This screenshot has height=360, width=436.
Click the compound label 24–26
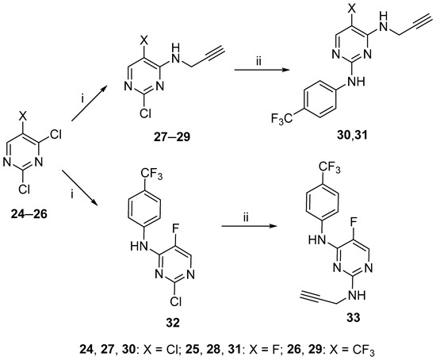29,214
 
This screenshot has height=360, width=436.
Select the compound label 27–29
171,137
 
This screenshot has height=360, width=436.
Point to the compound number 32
173,323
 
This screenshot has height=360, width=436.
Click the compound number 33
353,317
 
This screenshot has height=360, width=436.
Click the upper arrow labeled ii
262,71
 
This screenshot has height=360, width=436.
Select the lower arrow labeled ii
250,226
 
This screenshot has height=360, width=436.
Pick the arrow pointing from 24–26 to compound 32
81,189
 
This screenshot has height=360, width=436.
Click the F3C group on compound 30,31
281,120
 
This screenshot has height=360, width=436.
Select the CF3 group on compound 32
151,175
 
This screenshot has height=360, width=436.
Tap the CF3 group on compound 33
330,168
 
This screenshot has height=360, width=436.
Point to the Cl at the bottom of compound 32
176,301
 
